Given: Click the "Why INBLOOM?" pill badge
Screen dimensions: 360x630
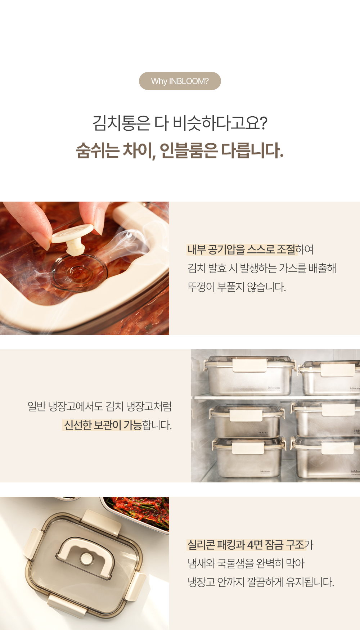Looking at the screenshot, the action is (180, 81).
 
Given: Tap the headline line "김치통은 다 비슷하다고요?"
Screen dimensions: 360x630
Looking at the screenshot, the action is (180, 123).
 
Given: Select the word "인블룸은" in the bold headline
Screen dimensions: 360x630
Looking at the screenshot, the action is (188, 150).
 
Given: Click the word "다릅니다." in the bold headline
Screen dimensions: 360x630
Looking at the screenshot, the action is (252, 150).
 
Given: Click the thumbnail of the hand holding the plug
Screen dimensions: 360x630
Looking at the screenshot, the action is (85, 268).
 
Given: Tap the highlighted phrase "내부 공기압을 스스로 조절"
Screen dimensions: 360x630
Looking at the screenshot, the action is (241, 249).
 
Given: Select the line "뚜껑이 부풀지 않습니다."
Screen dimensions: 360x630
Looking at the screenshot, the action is (237, 287).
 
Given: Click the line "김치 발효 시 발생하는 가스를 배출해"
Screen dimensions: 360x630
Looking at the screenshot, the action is (262, 268).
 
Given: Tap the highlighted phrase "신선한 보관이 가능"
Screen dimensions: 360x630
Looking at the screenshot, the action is (103, 425).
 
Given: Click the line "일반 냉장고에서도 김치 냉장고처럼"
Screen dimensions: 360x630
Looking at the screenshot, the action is (100, 406).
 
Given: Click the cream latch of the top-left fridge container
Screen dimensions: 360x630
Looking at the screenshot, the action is (250, 365).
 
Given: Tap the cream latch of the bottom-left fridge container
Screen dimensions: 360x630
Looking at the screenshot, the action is (248, 448).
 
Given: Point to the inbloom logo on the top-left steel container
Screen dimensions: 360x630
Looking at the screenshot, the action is (274, 388).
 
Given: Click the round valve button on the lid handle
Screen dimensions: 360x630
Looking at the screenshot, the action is (86, 558).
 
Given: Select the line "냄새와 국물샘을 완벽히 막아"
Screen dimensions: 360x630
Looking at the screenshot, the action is (246, 563).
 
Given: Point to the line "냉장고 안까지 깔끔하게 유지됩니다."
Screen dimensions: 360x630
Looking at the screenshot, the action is (261, 582).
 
